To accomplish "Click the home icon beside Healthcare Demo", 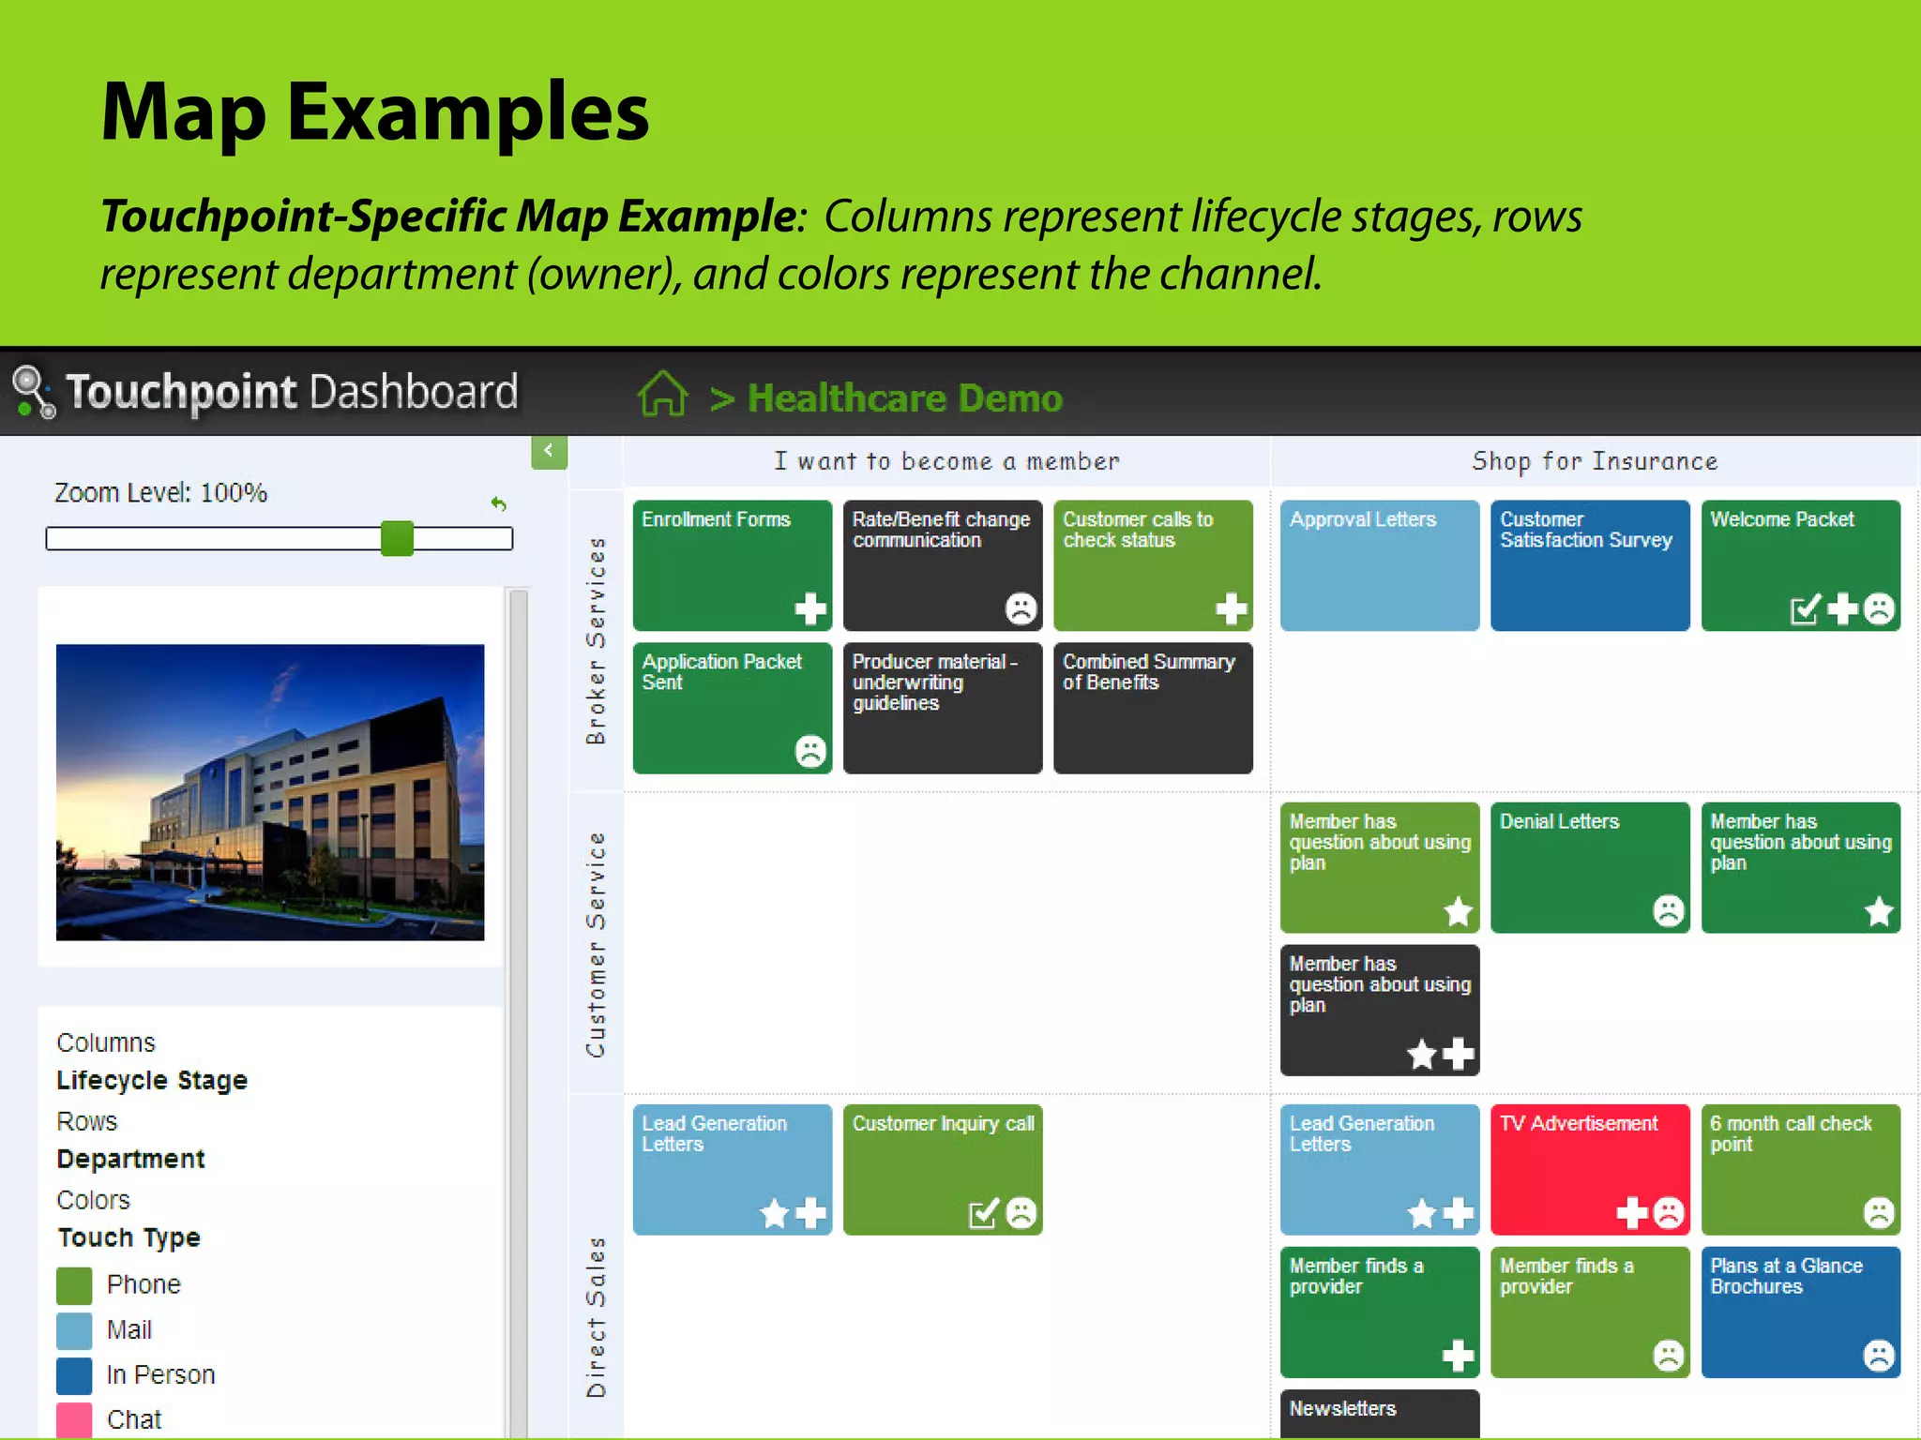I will coord(663,394).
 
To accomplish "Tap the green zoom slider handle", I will coord(397,539).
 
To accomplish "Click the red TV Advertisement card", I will coord(1589,1168).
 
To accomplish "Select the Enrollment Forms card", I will coord(732,564).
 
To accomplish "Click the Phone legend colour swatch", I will coord(74,1285).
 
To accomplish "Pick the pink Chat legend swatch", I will coord(74,1419).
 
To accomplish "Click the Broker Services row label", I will coord(596,641).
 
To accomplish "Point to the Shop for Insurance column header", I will coord(1594,461).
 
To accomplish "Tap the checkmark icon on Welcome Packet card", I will coord(1805,609).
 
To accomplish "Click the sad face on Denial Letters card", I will coord(1668,911).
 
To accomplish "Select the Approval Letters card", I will coord(1379,564).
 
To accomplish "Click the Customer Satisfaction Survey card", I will coord(1589,564).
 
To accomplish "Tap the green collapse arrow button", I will coord(549,451).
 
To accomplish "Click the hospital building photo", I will coord(270,792).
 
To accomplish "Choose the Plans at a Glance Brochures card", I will coord(1800,1311).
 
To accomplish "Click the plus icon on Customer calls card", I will coord(1231,609).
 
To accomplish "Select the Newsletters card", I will coord(1379,1412).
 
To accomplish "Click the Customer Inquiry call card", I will coord(942,1168).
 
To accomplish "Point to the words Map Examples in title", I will coord(374,112).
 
